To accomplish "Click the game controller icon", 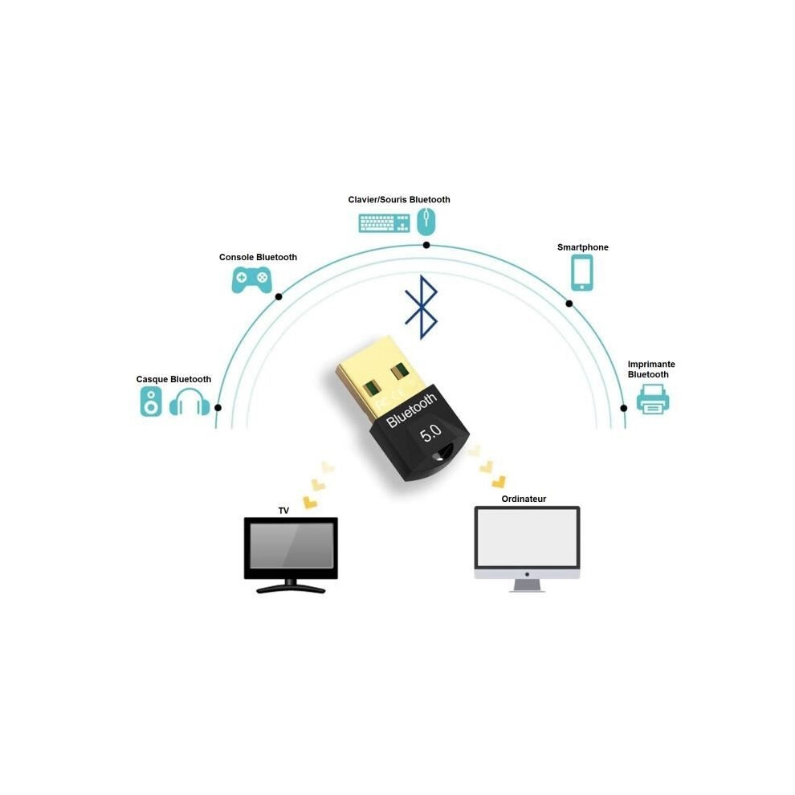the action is (x=251, y=279).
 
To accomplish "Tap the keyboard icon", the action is (x=384, y=223).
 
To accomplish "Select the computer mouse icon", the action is (x=426, y=222).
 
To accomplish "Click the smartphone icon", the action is (x=581, y=273).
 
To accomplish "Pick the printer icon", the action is (x=653, y=399).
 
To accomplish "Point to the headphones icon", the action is (x=190, y=402).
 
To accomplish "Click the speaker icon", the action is (x=151, y=402).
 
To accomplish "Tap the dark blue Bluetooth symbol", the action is (x=422, y=308).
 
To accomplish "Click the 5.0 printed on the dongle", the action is (x=430, y=434).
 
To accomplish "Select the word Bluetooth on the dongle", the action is (x=411, y=410).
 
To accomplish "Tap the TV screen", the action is (x=291, y=545).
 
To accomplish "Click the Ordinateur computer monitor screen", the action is (x=527, y=537).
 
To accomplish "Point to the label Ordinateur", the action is (x=524, y=499).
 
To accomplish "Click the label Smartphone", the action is (x=582, y=247).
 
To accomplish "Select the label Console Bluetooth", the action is (x=258, y=257).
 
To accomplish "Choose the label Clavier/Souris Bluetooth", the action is (x=399, y=200).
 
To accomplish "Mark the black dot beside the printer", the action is (x=624, y=408).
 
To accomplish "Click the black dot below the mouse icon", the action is (x=426, y=246).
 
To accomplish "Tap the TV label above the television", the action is (x=283, y=511).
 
